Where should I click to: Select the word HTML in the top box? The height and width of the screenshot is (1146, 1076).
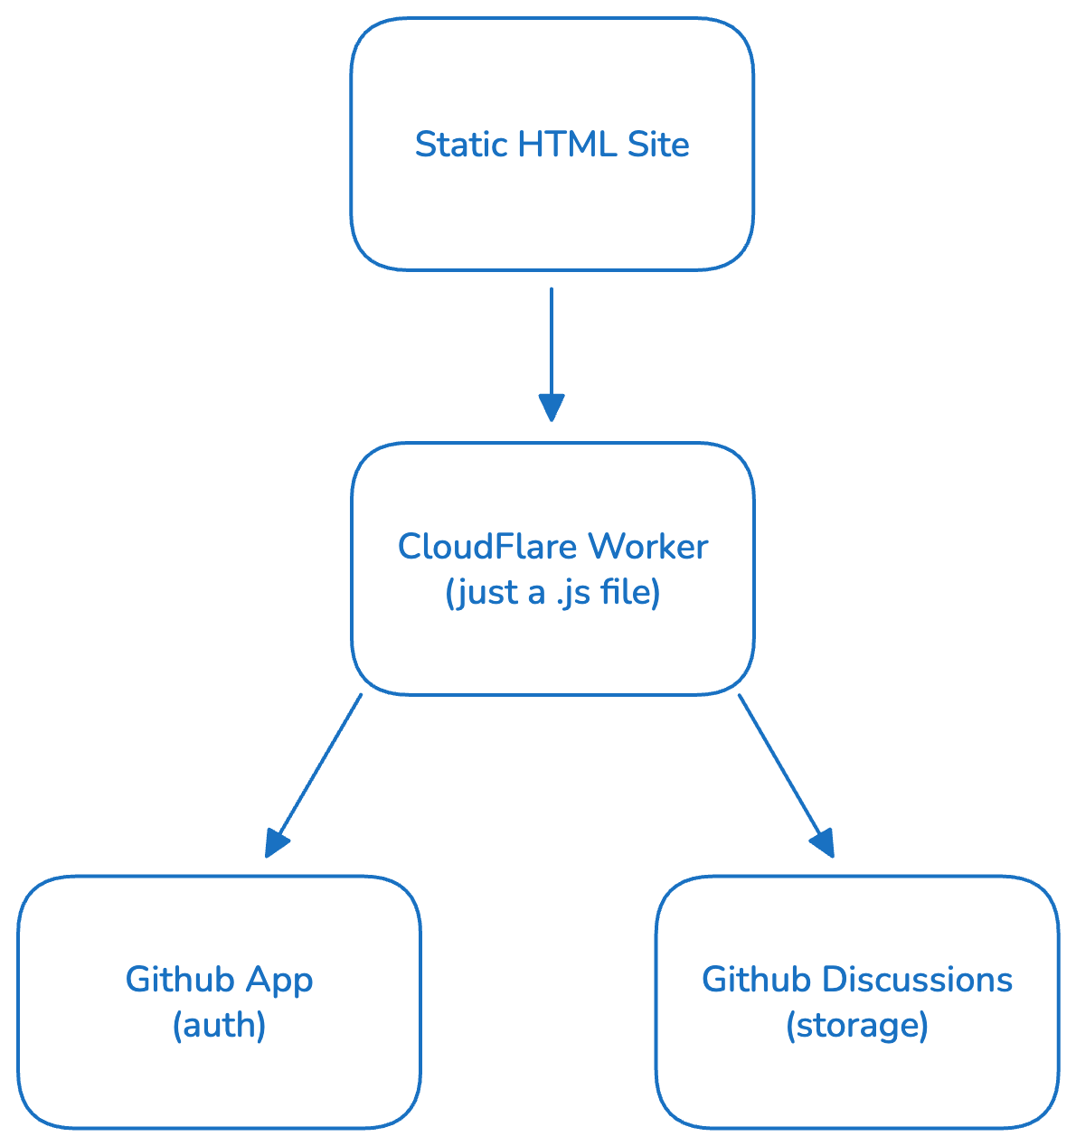[554, 145]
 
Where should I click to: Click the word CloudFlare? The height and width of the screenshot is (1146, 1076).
[486, 547]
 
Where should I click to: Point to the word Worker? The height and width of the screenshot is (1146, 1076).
[647, 547]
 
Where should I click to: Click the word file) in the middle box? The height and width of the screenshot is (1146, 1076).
[629, 594]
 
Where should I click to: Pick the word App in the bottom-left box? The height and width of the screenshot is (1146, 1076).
[280, 981]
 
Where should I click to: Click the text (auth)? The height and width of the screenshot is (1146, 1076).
[219, 1026]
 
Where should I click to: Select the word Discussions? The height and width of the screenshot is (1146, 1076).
[918, 981]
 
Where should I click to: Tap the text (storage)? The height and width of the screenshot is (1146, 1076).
[856, 1026]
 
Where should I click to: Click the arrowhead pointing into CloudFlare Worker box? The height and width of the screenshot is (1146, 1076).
[552, 408]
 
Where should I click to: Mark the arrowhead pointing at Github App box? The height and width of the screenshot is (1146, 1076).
[276, 843]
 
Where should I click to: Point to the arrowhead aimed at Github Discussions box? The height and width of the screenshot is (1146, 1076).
[823, 843]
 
